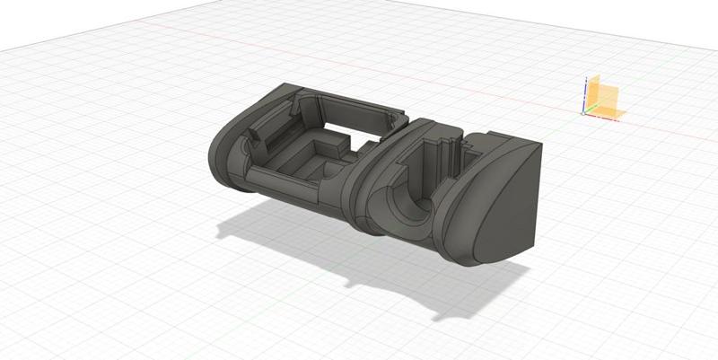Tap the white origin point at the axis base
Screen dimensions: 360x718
tap(584, 112)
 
